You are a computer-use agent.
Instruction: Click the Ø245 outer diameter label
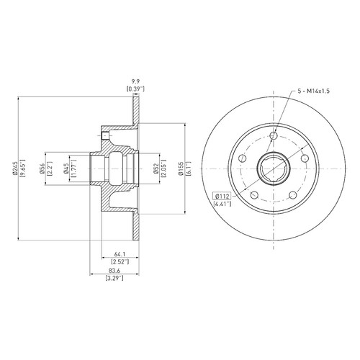[x=15, y=168]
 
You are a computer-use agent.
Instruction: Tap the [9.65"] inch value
[x=23, y=168]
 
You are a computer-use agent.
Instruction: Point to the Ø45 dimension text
[x=66, y=168]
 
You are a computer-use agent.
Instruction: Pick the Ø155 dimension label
[x=181, y=168]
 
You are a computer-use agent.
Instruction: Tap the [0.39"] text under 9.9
[x=135, y=89]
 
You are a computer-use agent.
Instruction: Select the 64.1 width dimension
[x=120, y=254]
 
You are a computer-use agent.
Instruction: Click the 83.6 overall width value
[x=114, y=271]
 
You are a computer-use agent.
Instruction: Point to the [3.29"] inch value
[x=114, y=279]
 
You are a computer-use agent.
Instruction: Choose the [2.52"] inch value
[x=120, y=261]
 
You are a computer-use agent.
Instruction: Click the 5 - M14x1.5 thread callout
[x=314, y=91]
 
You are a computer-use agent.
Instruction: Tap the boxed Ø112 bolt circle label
[x=222, y=197]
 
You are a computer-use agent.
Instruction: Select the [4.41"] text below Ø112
[x=222, y=204]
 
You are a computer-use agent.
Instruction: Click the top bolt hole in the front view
[x=274, y=135]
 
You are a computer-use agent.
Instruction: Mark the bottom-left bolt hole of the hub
[x=254, y=195]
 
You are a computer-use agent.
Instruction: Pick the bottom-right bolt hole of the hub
[x=293, y=195]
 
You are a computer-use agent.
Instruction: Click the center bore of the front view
[x=274, y=168]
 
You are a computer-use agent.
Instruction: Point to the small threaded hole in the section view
[x=106, y=136]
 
